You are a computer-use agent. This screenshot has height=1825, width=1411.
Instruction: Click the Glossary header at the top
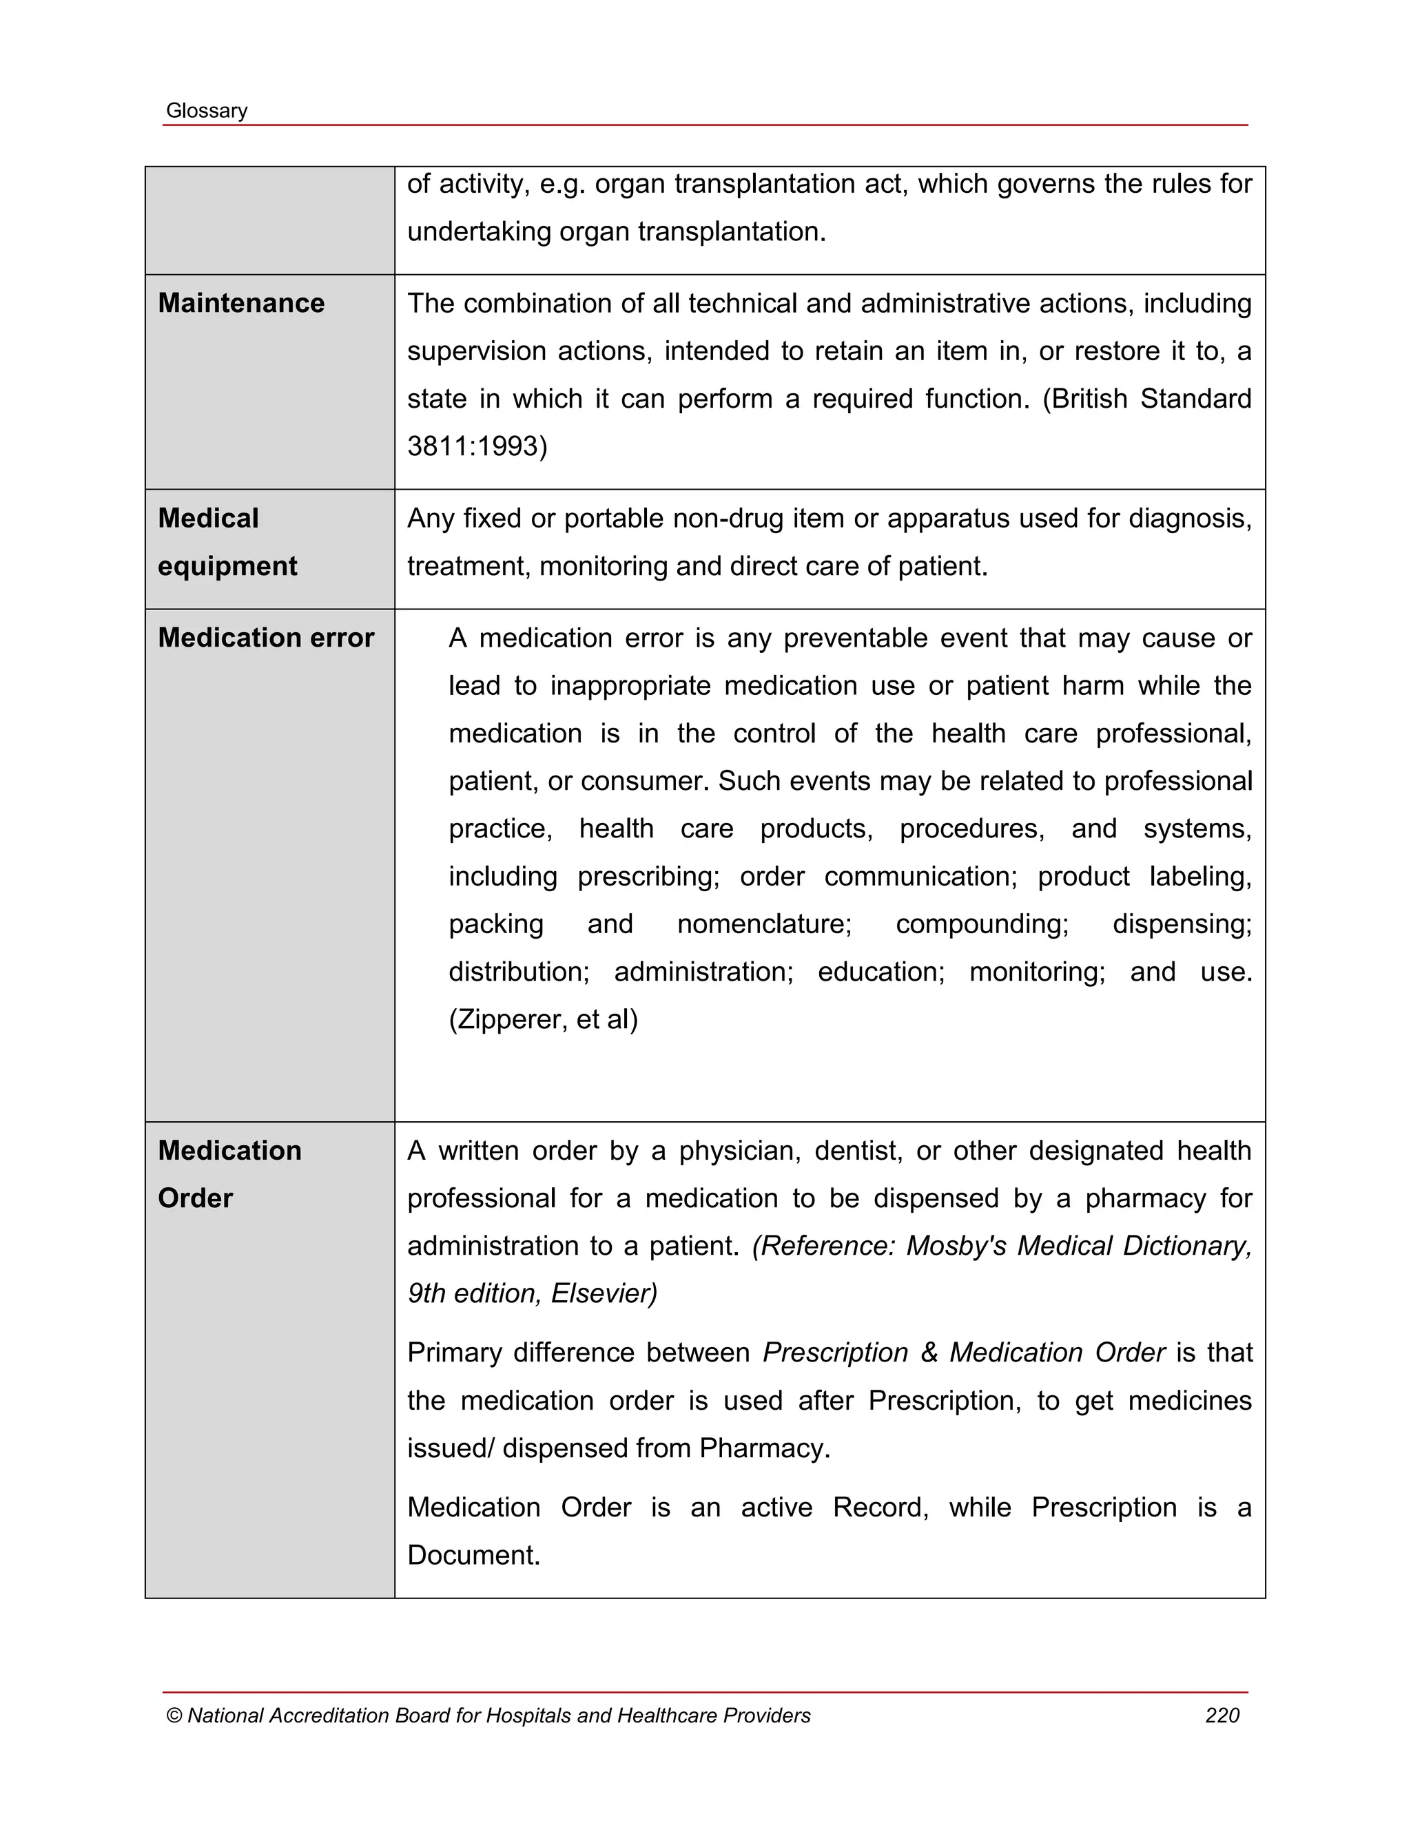[207, 111]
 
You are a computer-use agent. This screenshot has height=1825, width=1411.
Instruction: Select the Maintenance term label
[240, 303]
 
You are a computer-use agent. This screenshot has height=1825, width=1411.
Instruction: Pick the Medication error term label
[266, 638]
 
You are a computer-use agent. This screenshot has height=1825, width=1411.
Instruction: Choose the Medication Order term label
[229, 1174]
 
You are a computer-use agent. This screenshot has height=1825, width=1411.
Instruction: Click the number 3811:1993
[477, 446]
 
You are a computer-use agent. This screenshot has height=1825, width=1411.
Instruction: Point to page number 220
[1222, 1715]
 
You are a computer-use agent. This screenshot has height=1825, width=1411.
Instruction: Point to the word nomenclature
[764, 924]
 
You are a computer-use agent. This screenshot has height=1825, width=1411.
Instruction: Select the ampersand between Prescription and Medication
[929, 1353]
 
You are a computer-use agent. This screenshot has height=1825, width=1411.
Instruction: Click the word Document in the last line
[473, 1555]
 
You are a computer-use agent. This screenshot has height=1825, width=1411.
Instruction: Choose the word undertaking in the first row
[479, 231]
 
